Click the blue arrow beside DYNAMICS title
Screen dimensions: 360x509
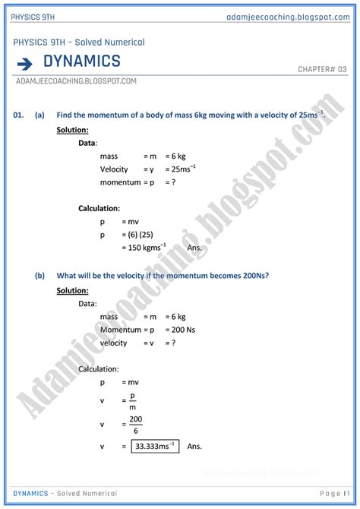click(x=25, y=63)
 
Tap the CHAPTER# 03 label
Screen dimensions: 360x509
click(x=322, y=69)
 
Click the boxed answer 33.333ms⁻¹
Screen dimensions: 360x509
click(x=155, y=446)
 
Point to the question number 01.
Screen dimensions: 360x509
click(x=21, y=115)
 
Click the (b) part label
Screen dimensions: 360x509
click(x=39, y=276)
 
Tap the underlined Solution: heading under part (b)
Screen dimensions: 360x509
click(x=72, y=290)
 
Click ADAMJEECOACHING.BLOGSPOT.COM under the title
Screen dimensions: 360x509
click(x=75, y=81)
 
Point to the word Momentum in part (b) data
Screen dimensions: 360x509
click(x=120, y=330)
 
